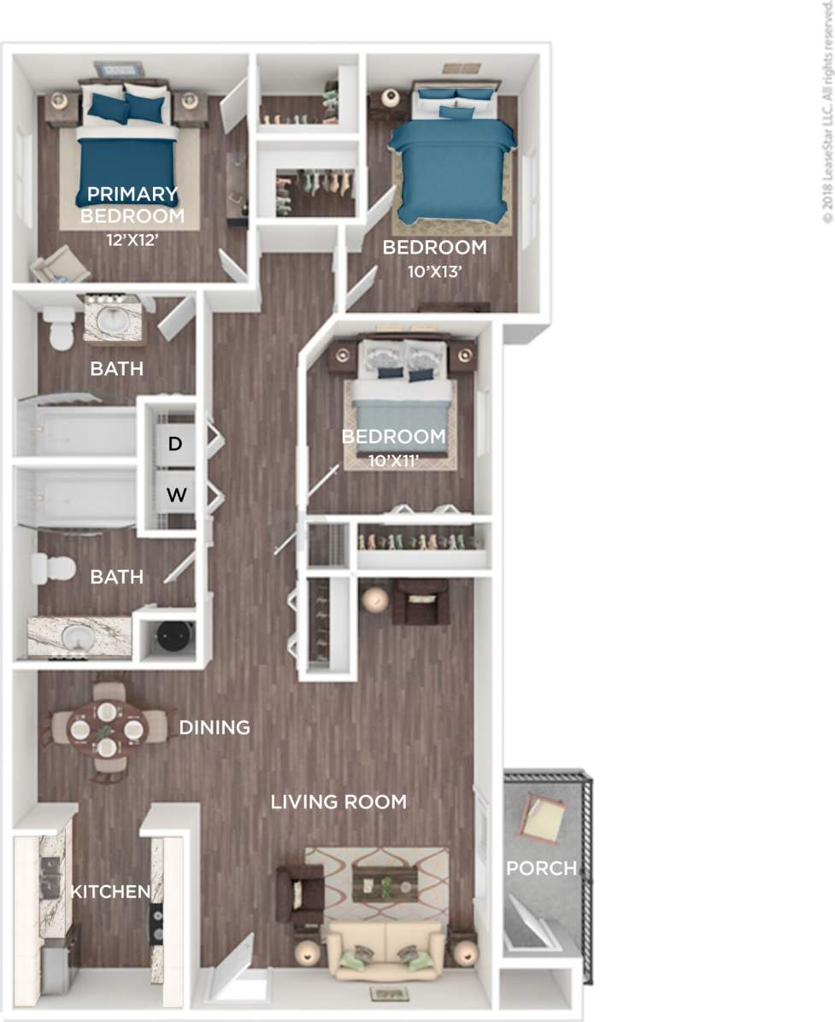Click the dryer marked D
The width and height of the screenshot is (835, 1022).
(174, 443)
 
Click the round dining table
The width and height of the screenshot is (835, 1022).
(106, 729)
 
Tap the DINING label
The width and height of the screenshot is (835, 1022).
(215, 727)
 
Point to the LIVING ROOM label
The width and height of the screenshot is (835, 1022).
(338, 802)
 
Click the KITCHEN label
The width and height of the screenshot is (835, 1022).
(109, 892)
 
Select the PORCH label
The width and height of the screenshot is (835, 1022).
(541, 868)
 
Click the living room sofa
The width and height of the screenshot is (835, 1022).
(386, 949)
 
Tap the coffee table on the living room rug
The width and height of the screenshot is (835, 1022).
(385, 884)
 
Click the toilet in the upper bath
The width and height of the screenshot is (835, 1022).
(60, 328)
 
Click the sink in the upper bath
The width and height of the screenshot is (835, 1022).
(113, 320)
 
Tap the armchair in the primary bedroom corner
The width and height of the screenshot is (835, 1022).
(60, 264)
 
